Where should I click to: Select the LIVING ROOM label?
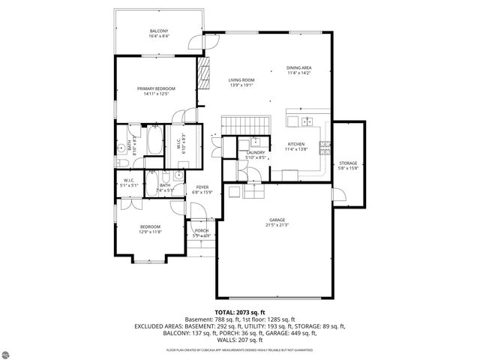click(x=241, y=82)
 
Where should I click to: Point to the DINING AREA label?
click(x=299, y=70)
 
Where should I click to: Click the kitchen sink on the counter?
click(x=307, y=121)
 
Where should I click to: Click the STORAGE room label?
click(x=347, y=165)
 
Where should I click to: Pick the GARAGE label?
click(x=277, y=219)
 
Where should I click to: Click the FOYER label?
click(x=202, y=188)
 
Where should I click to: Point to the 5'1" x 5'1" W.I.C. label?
click(x=128, y=182)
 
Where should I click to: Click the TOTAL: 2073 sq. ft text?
click(x=240, y=310)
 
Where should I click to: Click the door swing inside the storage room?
click(x=337, y=196)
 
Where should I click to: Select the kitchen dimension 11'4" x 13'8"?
click(x=297, y=149)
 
